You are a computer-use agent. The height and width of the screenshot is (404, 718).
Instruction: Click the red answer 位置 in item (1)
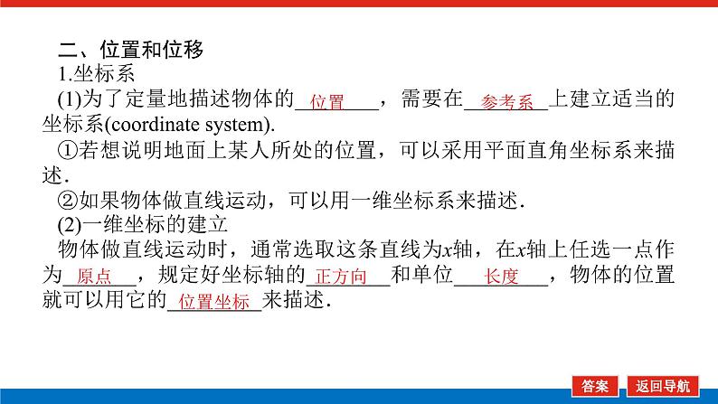[327, 102]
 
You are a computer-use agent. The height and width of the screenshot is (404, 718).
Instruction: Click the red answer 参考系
[507, 102]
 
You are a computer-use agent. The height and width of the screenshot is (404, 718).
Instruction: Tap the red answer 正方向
[347, 277]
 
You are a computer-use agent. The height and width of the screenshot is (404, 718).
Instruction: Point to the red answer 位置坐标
[213, 303]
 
